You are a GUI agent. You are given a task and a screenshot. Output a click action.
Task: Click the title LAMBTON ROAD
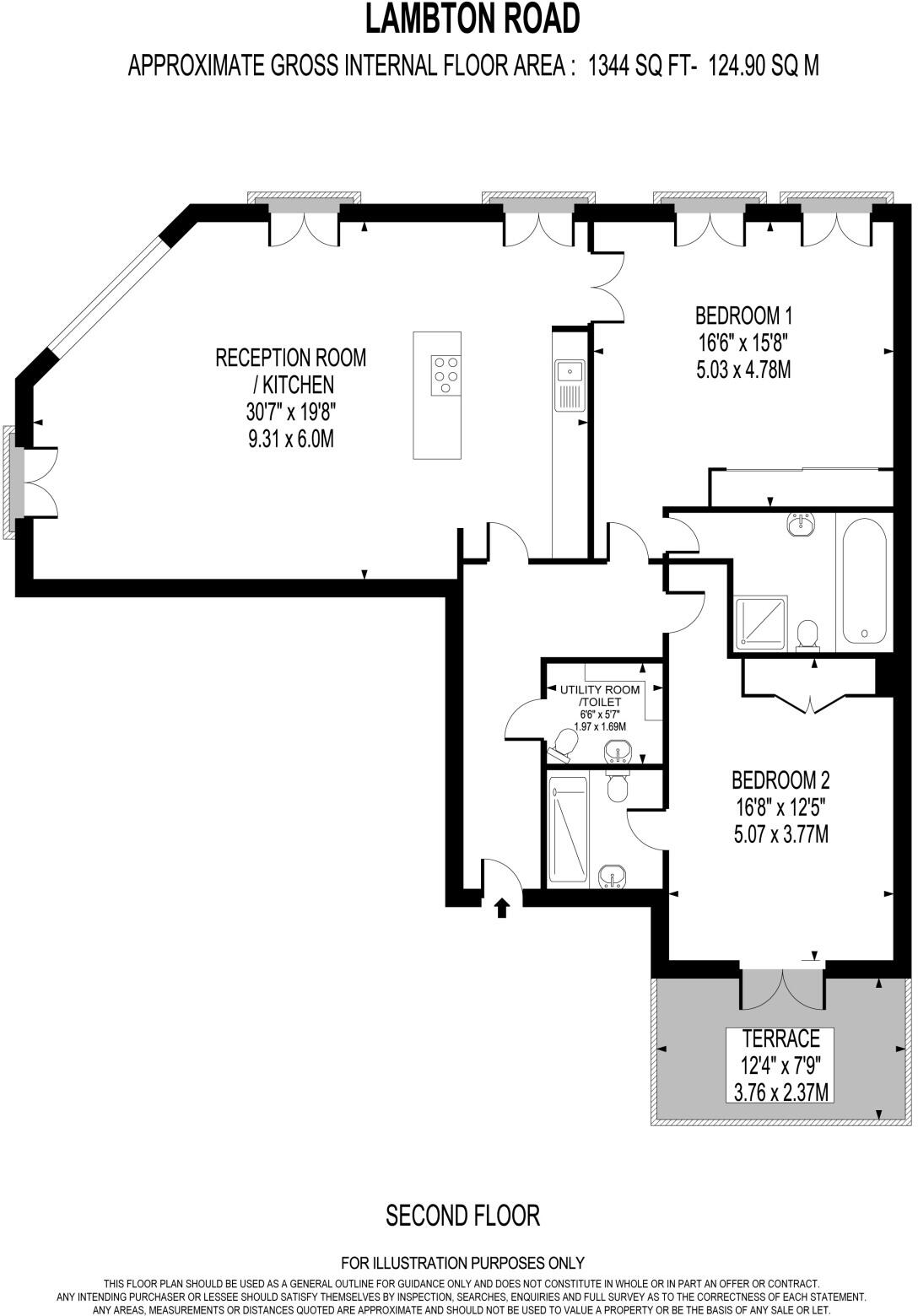(x=472, y=19)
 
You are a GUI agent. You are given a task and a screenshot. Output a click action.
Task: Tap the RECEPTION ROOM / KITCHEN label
(x=291, y=370)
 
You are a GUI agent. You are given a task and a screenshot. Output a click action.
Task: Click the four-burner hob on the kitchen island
(x=445, y=375)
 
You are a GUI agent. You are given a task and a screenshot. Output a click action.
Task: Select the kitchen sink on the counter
(x=570, y=370)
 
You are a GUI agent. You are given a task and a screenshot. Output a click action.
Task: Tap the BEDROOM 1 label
(x=743, y=316)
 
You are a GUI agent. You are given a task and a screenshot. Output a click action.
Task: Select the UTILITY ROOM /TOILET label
(x=600, y=695)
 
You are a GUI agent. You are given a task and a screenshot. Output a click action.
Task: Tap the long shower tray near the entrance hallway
(x=566, y=829)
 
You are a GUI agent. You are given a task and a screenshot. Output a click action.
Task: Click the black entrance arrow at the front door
(x=501, y=908)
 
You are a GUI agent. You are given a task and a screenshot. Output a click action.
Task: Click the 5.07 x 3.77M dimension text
(x=780, y=834)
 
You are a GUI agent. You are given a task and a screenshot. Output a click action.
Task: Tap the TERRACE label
(x=780, y=1038)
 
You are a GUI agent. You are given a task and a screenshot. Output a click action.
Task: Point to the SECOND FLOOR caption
(x=462, y=1216)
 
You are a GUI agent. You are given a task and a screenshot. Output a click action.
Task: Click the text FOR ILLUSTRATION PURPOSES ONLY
(x=462, y=1263)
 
